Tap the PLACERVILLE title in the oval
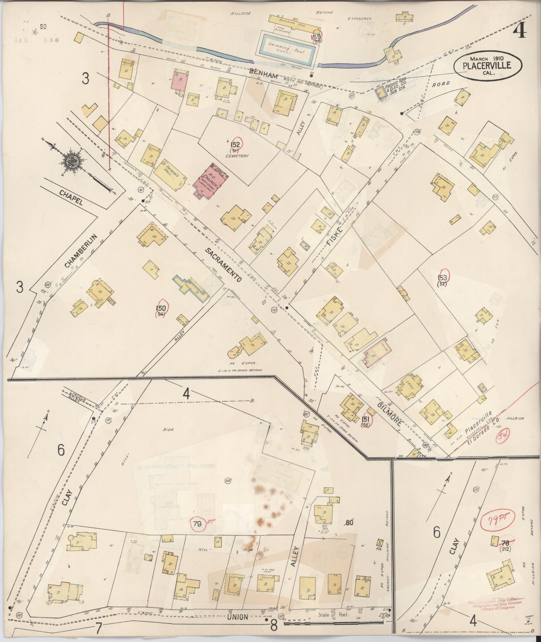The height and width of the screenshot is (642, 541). click(x=487, y=66)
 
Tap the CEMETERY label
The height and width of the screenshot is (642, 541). click(x=237, y=156)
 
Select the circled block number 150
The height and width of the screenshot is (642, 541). click(x=161, y=308)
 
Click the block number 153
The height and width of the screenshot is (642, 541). click(x=442, y=277)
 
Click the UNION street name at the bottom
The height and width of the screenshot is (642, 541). click(x=237, y=617)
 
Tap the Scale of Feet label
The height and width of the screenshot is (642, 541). click(x=333, y=615)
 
